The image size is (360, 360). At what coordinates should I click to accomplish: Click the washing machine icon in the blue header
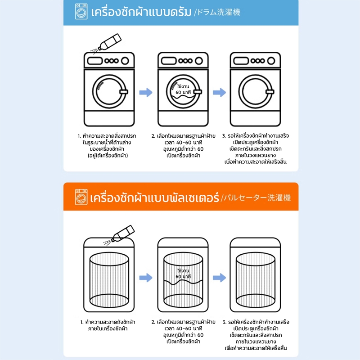81,12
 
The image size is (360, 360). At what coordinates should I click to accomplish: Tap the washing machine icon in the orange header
81,197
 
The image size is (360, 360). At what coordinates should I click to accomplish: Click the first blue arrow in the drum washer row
146,93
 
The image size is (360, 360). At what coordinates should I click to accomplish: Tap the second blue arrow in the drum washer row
220,93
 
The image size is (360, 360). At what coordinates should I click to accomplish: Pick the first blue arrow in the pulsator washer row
146,278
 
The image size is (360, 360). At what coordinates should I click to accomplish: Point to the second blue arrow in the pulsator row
220,278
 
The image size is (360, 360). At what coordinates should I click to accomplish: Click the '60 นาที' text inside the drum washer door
183,92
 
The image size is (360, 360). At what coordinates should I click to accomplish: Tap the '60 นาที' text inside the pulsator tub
183,277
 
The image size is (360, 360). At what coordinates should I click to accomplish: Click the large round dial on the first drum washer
125,61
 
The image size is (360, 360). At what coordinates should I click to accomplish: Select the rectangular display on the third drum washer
241,61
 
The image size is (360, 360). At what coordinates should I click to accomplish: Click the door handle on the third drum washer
270,92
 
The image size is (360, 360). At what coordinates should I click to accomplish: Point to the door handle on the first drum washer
124,92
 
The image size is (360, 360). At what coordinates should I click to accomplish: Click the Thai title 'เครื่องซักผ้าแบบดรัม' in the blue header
141,12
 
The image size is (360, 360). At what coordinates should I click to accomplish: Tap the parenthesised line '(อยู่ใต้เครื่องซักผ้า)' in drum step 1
108,156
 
